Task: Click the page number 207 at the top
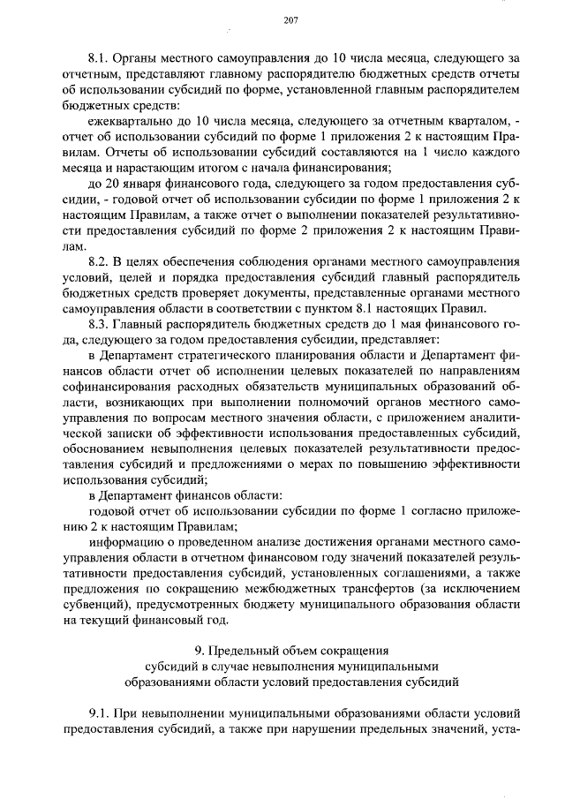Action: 289,20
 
